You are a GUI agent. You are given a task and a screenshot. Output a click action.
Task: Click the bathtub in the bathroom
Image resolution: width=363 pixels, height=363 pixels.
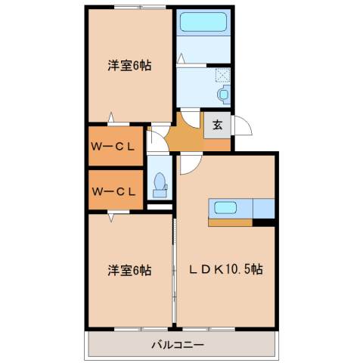204,21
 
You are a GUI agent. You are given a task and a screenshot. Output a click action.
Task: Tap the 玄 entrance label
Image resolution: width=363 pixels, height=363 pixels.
217,126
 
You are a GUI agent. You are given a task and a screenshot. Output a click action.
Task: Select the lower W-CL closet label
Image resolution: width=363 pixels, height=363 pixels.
113,191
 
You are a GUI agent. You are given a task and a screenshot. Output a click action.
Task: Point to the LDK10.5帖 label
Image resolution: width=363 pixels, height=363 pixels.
225,268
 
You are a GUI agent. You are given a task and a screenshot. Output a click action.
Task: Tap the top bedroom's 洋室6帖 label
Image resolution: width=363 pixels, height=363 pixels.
128,66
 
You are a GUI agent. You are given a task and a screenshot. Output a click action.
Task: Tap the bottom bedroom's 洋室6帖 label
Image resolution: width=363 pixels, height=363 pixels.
128,268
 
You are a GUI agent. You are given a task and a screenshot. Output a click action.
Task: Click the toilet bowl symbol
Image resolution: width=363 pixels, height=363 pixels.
160,183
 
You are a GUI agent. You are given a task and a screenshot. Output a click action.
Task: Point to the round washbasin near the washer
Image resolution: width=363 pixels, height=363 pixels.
222,94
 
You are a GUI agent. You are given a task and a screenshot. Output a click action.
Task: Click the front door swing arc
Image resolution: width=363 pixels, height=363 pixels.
241,126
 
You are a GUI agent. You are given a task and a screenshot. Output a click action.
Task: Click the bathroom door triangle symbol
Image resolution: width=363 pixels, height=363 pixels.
181,58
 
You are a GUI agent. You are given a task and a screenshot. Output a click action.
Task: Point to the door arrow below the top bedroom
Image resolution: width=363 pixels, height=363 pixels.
111,117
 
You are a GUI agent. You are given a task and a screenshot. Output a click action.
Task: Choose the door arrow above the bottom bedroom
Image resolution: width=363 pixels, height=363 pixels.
112,218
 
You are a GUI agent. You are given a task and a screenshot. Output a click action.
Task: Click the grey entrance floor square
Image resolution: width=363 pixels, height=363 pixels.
217,126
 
